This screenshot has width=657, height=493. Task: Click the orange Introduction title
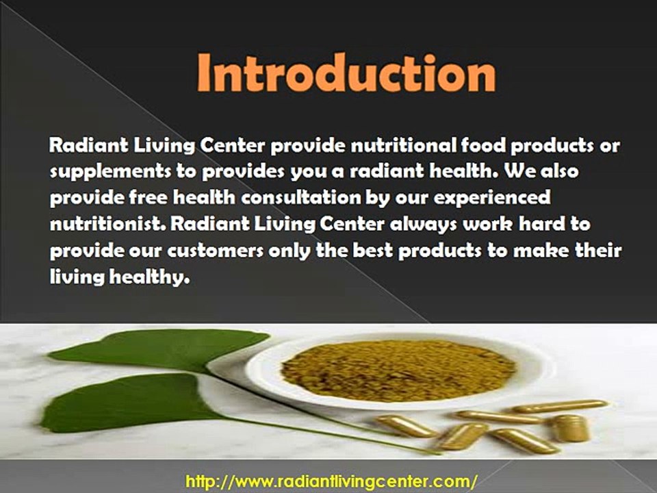(346, 75)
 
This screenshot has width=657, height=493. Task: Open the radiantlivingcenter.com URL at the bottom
(331, 481)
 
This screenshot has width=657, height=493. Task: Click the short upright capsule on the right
(570, 428)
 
